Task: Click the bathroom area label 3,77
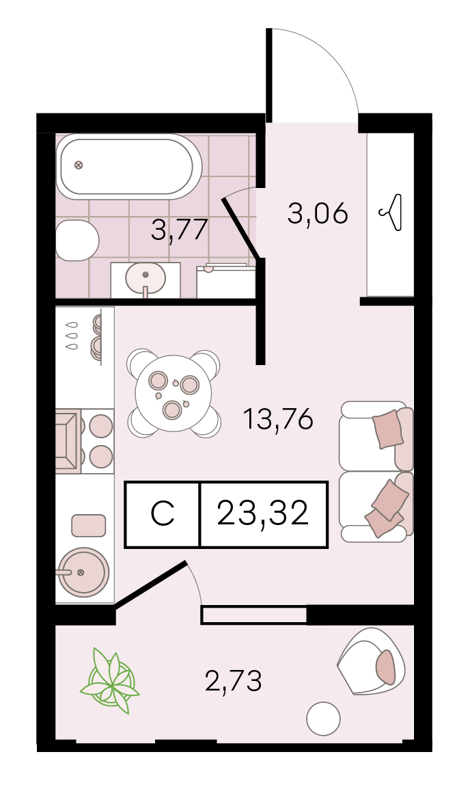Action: pos(180,230)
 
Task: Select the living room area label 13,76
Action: pos(277,419)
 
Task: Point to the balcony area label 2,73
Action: pos(234,682)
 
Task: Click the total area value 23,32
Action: pos(262,513)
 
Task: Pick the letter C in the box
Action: pos(163,513)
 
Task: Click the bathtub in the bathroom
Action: pos(129,167)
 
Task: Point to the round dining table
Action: pos(174,393)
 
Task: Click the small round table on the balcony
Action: pos(324,719)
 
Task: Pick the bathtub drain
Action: pos(78,165)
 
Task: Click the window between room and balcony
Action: pos(254,615)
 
